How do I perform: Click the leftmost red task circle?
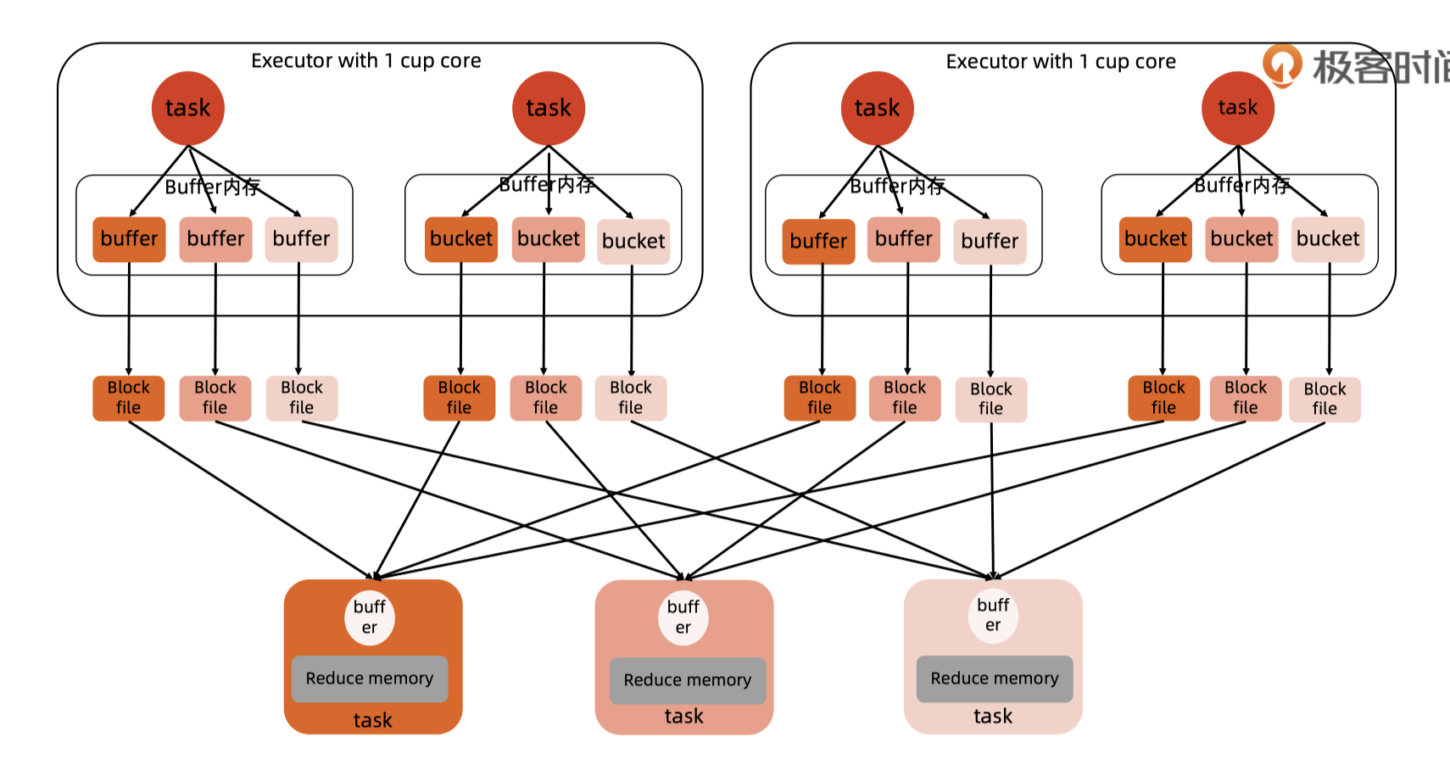pos(187,109)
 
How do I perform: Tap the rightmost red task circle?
pos(1237,108)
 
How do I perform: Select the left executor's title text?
pos(365,61)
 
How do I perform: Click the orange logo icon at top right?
pos(1281,64)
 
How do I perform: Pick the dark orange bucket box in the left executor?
pos(460,239)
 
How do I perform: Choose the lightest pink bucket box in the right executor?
pos(1328,239)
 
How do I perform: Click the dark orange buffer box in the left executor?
pos(129,239)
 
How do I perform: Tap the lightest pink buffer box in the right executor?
pos(990,242)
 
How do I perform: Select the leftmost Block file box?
pos(128,398)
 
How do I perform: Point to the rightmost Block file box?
pos(1325,399)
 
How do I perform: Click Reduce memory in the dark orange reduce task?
pos(369,679)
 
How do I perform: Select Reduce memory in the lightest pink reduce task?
pos(994,679)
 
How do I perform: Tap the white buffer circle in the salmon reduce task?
pos(683,617)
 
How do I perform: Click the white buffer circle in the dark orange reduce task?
pos(369,617)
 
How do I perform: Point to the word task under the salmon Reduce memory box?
pos(683,717)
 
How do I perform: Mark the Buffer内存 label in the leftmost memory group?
pos(212,187)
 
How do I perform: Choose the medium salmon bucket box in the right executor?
pos(1241,239)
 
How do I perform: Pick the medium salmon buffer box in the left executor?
pos(215,239)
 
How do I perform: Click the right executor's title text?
pos(1061,62)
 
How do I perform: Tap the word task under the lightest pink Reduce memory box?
pos(993,717)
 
